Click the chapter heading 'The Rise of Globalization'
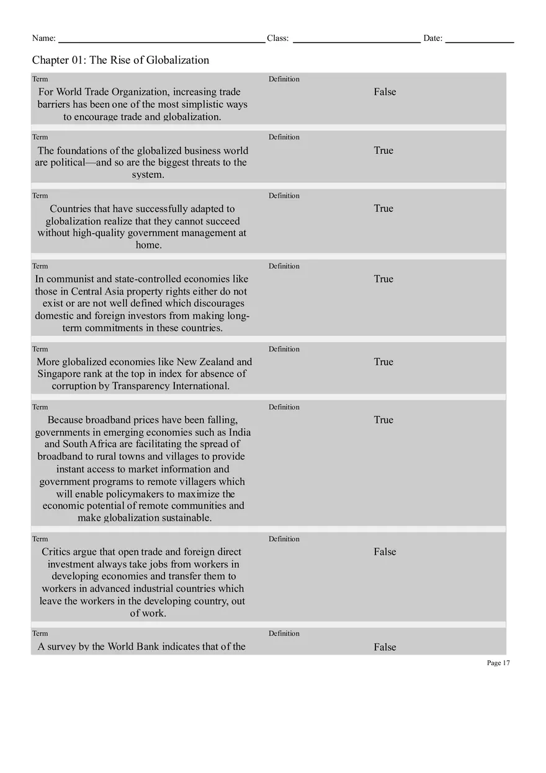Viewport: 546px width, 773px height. (x=120, y=60)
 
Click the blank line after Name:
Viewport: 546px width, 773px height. (x=161, y=39)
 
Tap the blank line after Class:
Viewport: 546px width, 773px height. (x=356, y=39)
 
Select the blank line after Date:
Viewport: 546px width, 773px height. (x=479, y=39)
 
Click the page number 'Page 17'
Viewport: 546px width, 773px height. (x=498, y=663)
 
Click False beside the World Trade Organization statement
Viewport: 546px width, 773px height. (x=385, y=92)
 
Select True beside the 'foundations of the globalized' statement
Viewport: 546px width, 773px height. (x=383, y=150)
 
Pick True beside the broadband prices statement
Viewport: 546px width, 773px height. (x=383, y=420)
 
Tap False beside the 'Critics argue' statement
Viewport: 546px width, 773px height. (x=385, y=552)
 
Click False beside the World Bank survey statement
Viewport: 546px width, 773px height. (x=385, y=647)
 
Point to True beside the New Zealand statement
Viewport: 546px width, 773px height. (x=383, y=361)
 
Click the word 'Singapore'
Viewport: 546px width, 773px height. (x=59, y=374)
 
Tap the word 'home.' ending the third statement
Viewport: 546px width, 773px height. (x=148, y=245)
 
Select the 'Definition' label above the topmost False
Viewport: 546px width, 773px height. (x=284, y=79)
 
